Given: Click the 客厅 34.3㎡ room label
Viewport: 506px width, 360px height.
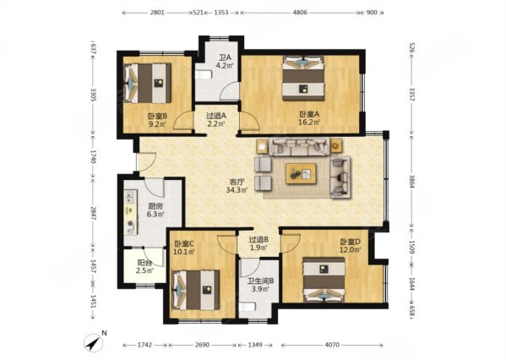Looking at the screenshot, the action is point(237,186).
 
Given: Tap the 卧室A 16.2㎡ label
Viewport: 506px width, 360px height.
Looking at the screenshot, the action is point(309,118).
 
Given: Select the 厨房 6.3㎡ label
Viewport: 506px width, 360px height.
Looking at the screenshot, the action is point(155,210).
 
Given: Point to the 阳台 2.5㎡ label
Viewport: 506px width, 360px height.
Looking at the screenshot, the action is point(144,267).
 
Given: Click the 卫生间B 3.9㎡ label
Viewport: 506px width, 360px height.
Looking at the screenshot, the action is point(260,285).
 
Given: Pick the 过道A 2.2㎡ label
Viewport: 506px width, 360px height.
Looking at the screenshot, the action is point(216,119).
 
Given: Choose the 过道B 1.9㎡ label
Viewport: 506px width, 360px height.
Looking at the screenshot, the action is point(258,243).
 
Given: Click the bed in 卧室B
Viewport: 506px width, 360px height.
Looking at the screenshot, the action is point(148,84).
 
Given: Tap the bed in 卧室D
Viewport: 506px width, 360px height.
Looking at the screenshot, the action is point(324,280).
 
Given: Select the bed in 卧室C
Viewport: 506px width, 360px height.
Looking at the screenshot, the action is point(196,290).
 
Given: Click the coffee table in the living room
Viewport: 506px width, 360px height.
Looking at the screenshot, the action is point(301,174).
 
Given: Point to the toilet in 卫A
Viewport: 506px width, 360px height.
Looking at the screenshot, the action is point(203,75).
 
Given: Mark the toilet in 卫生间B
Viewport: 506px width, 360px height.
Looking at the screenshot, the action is point(248,307).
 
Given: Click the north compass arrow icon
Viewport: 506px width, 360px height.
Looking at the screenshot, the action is point(94,342).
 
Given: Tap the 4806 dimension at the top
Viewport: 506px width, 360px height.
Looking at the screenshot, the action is point(300,13).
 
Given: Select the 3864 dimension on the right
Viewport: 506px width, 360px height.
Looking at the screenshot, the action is point(411,182).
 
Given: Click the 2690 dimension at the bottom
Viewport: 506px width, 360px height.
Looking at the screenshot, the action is point(202,345).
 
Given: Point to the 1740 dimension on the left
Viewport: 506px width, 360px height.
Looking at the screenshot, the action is point(93,156).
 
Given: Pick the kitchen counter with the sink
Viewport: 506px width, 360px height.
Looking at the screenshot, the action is point(131,212).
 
